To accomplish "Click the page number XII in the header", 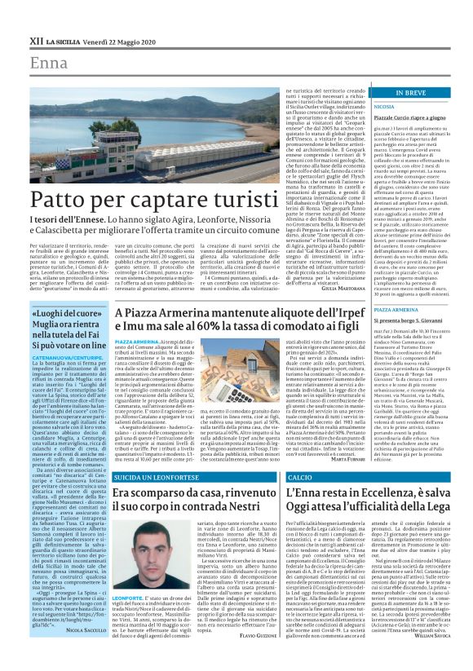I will (37, 39).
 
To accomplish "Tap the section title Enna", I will (50, 63).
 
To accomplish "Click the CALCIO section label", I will (300, 476).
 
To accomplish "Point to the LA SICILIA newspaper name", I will (63, 39).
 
